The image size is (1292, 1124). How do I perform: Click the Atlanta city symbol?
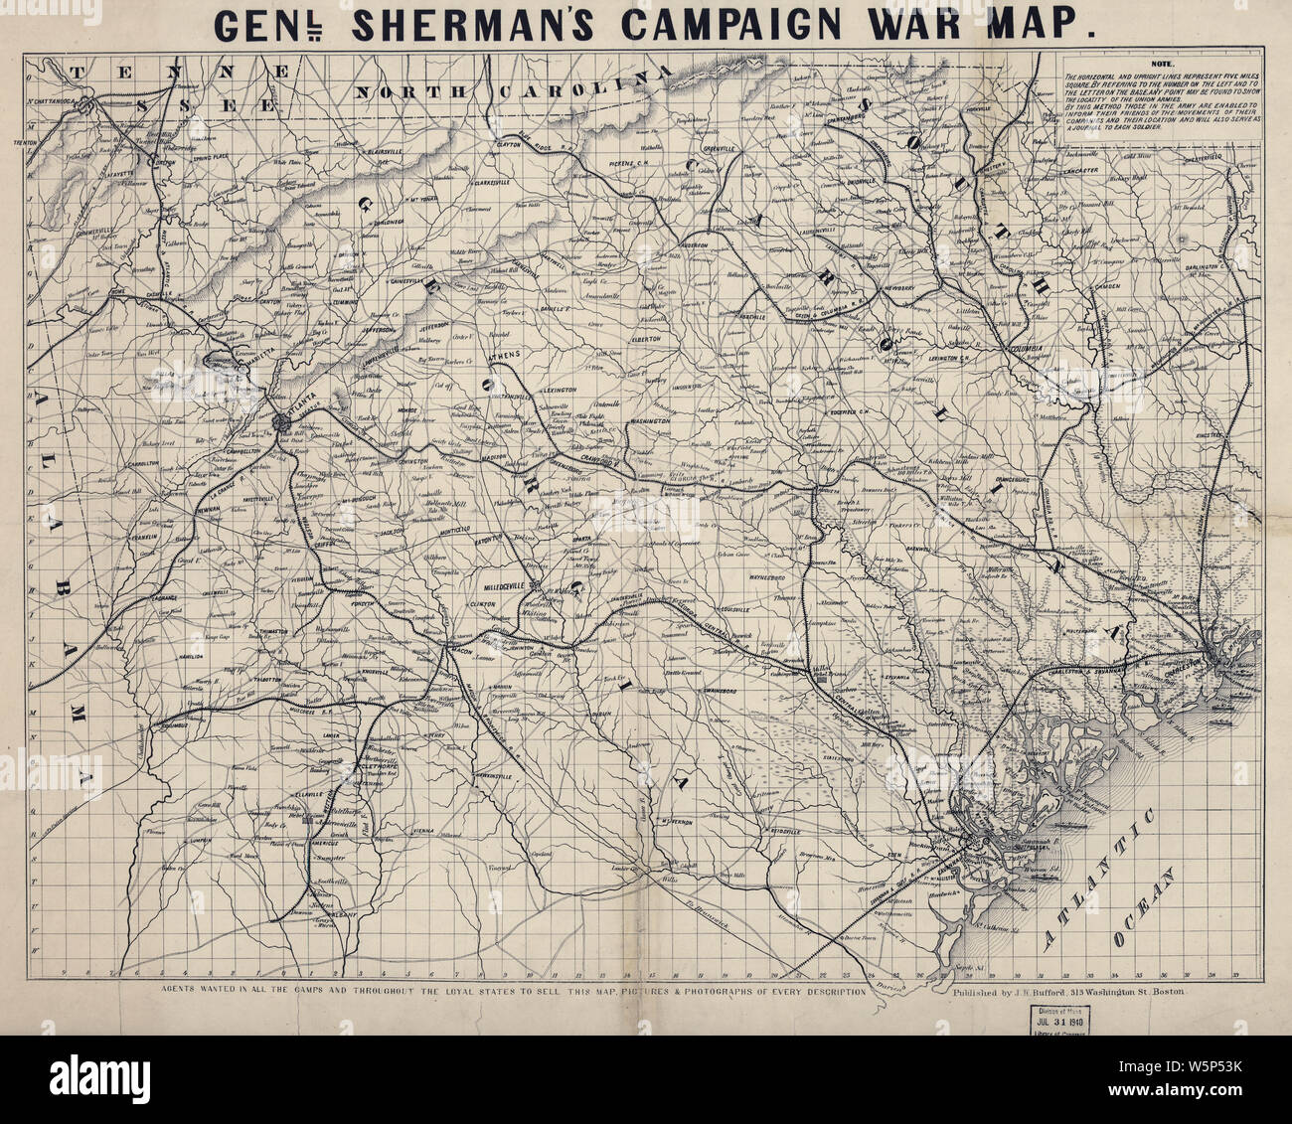pos(280,421)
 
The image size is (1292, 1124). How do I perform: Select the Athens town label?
pos(507,355)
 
